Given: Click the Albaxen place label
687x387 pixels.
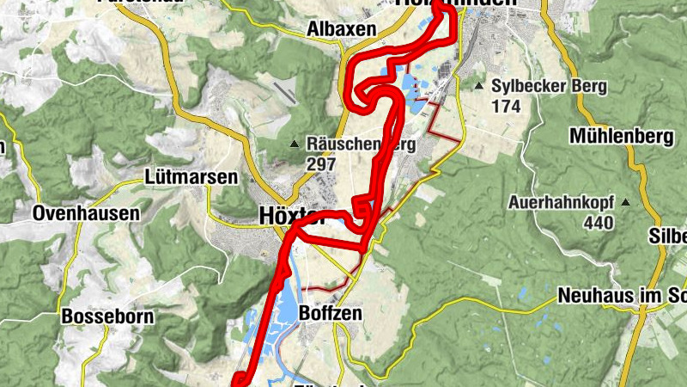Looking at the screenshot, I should tap(342, 29).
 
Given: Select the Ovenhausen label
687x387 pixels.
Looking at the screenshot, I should tap(85, 213).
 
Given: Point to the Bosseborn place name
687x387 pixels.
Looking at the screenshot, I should tap(107, 316).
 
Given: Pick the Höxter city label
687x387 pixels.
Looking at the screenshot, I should tap(292, 218).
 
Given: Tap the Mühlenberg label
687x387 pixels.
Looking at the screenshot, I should tap(620, 136).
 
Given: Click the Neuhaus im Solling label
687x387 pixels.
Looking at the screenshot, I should tap(621, 296).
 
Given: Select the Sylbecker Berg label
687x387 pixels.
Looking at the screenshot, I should tap(550, 87).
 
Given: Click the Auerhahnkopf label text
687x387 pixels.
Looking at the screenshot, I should tap(562, 204).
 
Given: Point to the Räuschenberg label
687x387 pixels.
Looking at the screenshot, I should tap(361, 144).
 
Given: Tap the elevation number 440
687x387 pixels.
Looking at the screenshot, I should tap(598, 224).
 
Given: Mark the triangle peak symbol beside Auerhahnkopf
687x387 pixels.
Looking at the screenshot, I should tap(625, 204).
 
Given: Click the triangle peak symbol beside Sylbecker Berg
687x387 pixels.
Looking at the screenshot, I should tap(479, 86).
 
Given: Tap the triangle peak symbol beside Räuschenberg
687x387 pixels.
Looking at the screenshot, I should tap(294, 144).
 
